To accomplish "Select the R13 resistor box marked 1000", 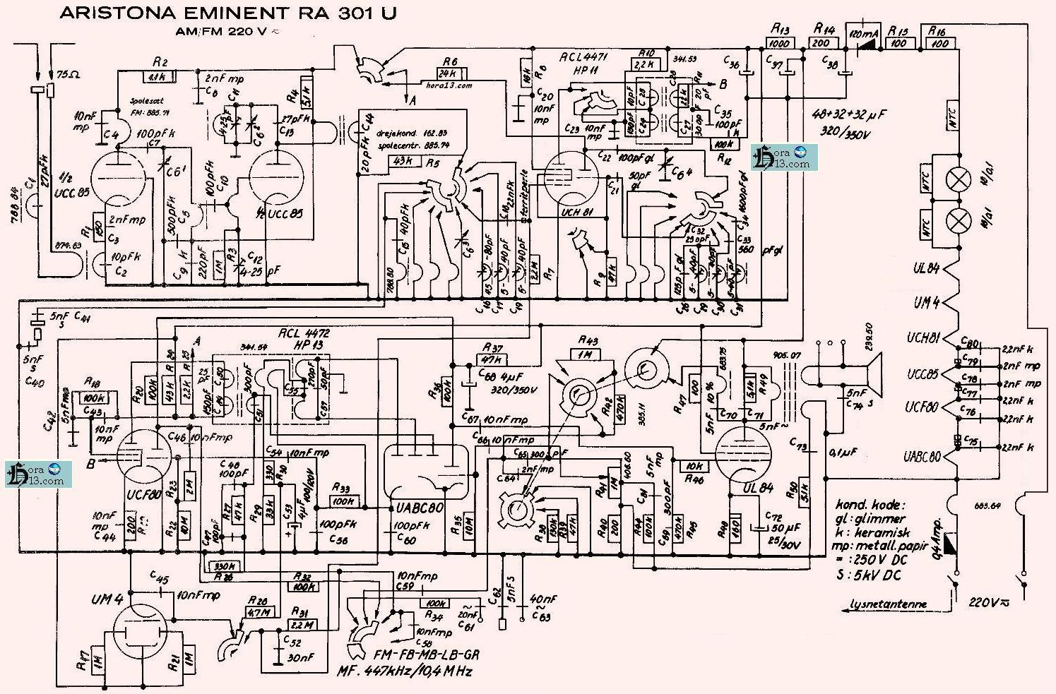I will (780, 43).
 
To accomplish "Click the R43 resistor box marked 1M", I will (584, 355).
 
